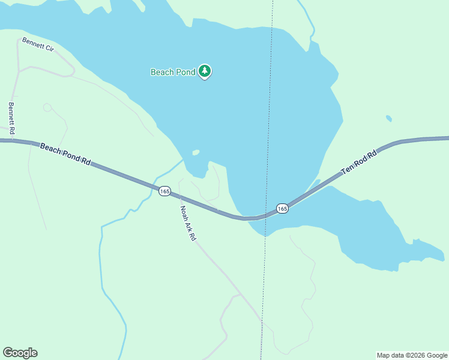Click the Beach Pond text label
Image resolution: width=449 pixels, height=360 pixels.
(x=172, y=72)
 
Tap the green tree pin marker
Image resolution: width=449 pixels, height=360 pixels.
(x=205, y=71)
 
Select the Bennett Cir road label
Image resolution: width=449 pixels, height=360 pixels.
(x=38, y=44)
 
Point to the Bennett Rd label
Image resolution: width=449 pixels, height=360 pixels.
(x=11, y=118)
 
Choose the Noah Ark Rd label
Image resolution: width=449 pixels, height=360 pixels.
(x=188, y=223)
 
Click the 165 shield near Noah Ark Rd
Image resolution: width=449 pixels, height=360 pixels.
(x=164, y=191)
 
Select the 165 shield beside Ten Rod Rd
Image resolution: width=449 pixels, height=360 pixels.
(x=282, y=208)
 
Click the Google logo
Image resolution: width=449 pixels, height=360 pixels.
(x=20, y=353)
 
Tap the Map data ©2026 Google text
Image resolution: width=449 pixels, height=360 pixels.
(x=412, y=355)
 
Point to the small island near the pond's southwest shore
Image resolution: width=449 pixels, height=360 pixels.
(x=195, y=152)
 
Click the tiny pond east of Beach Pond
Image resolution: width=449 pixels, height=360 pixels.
(x=389, y=118)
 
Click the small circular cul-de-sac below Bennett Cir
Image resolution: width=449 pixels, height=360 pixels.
(x=47, y=107)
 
